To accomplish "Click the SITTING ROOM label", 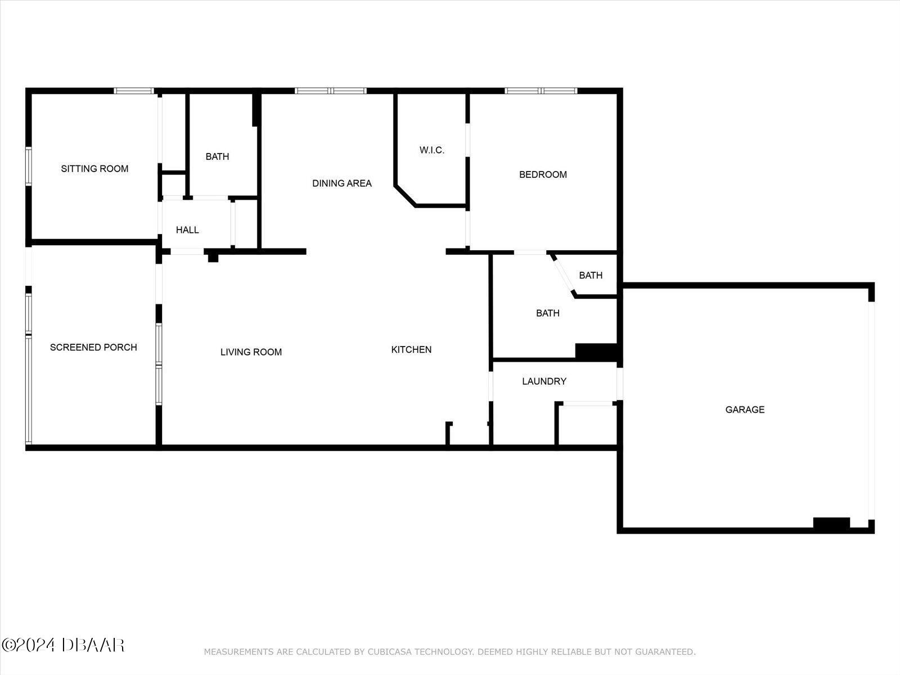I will tap(94, 169).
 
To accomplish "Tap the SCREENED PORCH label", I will tap(93, 348).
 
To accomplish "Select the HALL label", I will tap(187, 230).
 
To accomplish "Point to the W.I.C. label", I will tap(432, 150).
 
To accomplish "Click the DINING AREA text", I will tap(342, 183).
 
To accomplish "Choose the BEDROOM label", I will tap(543, 175).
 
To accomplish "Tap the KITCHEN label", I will tap(411, 350).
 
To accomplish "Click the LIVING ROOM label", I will tap(251, 352).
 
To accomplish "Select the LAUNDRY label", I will tap(544, 381).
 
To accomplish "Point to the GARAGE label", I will tap(745, 410).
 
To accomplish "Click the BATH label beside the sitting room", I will tap(217, 157).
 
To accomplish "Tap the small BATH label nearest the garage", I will tap(591, 276).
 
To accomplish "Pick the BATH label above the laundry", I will tap(547, 313).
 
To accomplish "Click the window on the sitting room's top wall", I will tap(134, 91).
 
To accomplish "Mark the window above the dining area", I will tap(331, 91).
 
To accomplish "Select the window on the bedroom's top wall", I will tap(541, 91).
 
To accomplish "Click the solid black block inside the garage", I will tap(831, 523).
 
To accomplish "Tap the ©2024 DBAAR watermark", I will tap(62, 645).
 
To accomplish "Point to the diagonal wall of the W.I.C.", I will tap(405, 195).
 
